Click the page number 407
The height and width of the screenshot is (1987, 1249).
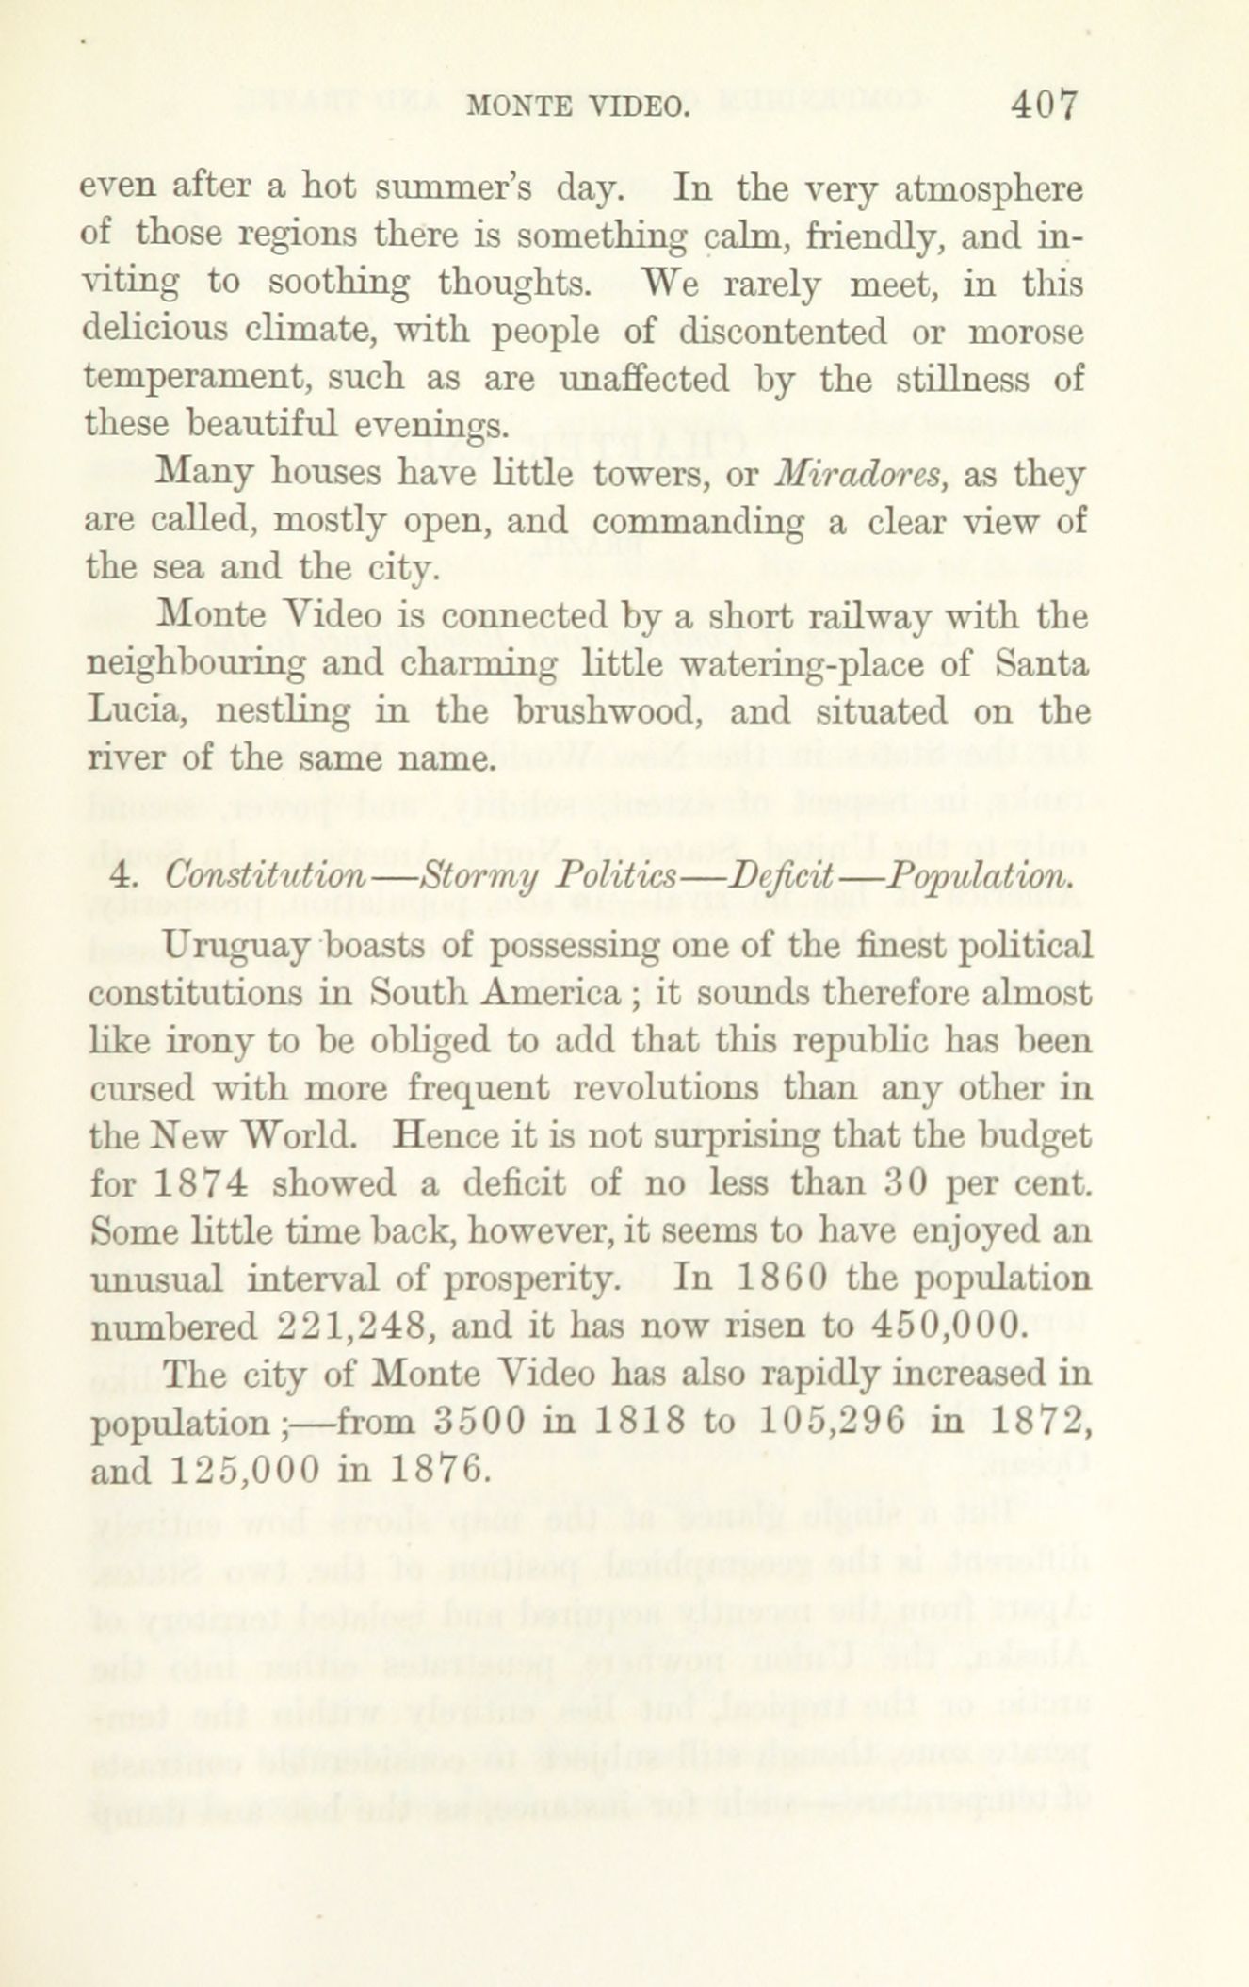pos(1043,107)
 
